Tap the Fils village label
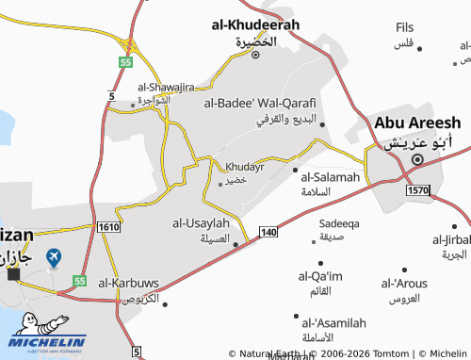click(x=405, y=27)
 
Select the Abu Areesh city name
click(x=417, y=123)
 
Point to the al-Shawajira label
click(x=138, y=85)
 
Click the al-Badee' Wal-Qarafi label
click(x=259, y=103)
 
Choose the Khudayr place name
click(x=245, y=166)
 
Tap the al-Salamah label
click(x=331, y=176)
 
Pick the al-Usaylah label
click(x=201, y=223)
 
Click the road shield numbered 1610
click(x=107, y=226)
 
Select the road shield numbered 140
click(x=268, y=232)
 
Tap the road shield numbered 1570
click(x=418, y=190)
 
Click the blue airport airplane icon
click(x=54, y=256)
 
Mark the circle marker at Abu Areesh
click(x=417, y=160)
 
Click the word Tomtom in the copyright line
click(x=386, y=353)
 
